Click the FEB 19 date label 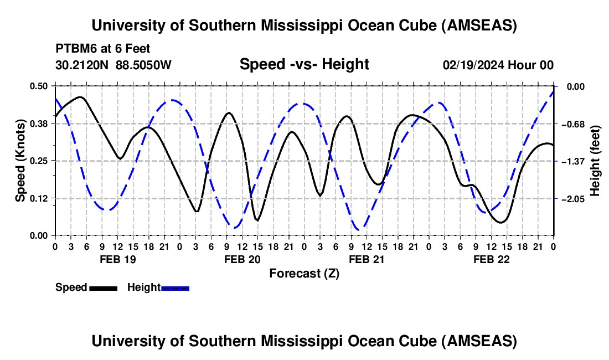point(117,259)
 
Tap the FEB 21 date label point(367,259)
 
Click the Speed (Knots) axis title point(20,161)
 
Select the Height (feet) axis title point(595,161)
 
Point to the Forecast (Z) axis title point(304,273)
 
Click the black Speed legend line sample point(103,287)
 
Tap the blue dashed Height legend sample point(176,287)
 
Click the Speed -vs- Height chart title point(304,64)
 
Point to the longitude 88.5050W point(143,65)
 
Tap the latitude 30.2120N point(83,65)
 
